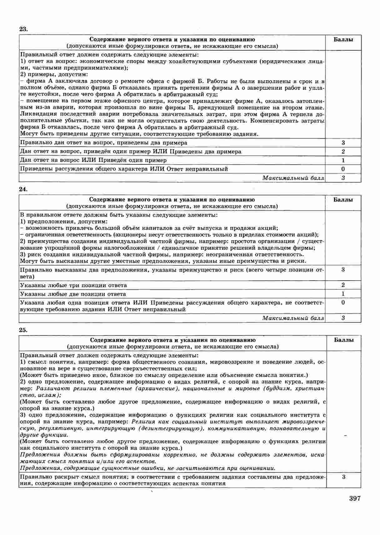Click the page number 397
[355, 498]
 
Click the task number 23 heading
[23, 29]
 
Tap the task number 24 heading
[23, 189]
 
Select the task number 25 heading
[23, 329]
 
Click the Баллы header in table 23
[343, 40]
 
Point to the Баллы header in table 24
[343, 200]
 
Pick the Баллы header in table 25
[344, 340]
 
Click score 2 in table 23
[343, 152]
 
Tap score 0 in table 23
[343, 169]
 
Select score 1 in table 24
[343, 294]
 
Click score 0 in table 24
[343, 302]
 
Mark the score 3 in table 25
[344, 477]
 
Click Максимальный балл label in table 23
[293, 178]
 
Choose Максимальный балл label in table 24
[293, 318]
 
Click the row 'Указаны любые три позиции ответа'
[73, 285]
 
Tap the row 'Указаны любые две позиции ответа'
[73, 294]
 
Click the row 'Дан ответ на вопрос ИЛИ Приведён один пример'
[93, 160]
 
